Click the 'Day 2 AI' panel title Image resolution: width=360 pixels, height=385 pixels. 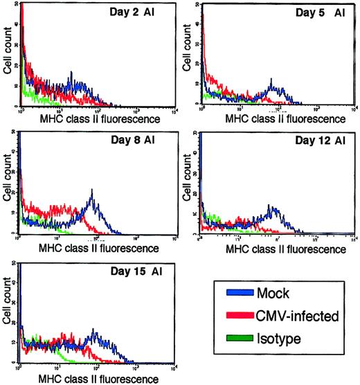click(132, 13)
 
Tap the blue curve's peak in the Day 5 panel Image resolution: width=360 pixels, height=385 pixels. click(274, 88)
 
